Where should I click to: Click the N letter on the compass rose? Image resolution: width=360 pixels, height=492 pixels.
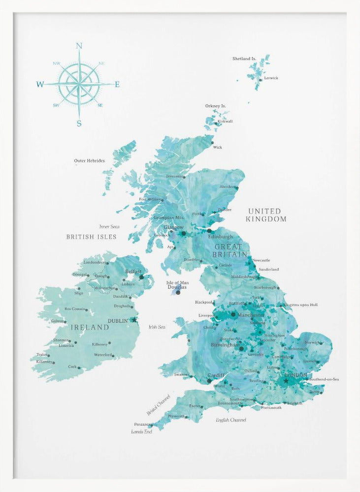[79, 46]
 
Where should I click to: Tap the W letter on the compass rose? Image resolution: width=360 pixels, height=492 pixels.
[40, 85]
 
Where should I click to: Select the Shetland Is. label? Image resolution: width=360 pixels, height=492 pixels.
[244, 59]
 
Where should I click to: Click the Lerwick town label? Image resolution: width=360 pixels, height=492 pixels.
[271, 78]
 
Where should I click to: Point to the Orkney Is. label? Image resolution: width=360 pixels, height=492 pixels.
[216, 106]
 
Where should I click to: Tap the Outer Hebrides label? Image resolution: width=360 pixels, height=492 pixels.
[89, 160]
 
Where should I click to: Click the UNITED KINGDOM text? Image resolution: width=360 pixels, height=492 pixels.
[266, 215]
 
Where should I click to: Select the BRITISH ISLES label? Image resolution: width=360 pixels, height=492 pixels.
[92, 237]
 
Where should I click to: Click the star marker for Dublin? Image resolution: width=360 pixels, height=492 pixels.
[134, 320]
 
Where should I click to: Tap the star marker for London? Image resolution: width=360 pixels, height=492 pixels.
[286, 380]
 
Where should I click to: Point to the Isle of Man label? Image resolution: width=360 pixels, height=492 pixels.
[178, 282]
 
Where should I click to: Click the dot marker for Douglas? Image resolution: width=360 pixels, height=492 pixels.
[178, 292]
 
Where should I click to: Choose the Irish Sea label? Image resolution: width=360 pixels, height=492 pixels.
[157, 327]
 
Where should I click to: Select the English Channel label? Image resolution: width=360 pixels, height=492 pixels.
[231, 420]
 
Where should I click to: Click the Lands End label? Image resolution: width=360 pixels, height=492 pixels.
[141, 431]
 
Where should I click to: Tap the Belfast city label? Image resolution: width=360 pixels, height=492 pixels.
[133, 271]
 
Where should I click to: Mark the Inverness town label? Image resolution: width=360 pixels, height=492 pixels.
[174, 176]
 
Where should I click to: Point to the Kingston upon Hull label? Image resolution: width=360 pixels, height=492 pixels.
[301, 305]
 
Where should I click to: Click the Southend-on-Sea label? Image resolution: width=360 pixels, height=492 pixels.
[324, 379]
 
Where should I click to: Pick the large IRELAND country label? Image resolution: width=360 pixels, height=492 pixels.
[90, 327]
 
